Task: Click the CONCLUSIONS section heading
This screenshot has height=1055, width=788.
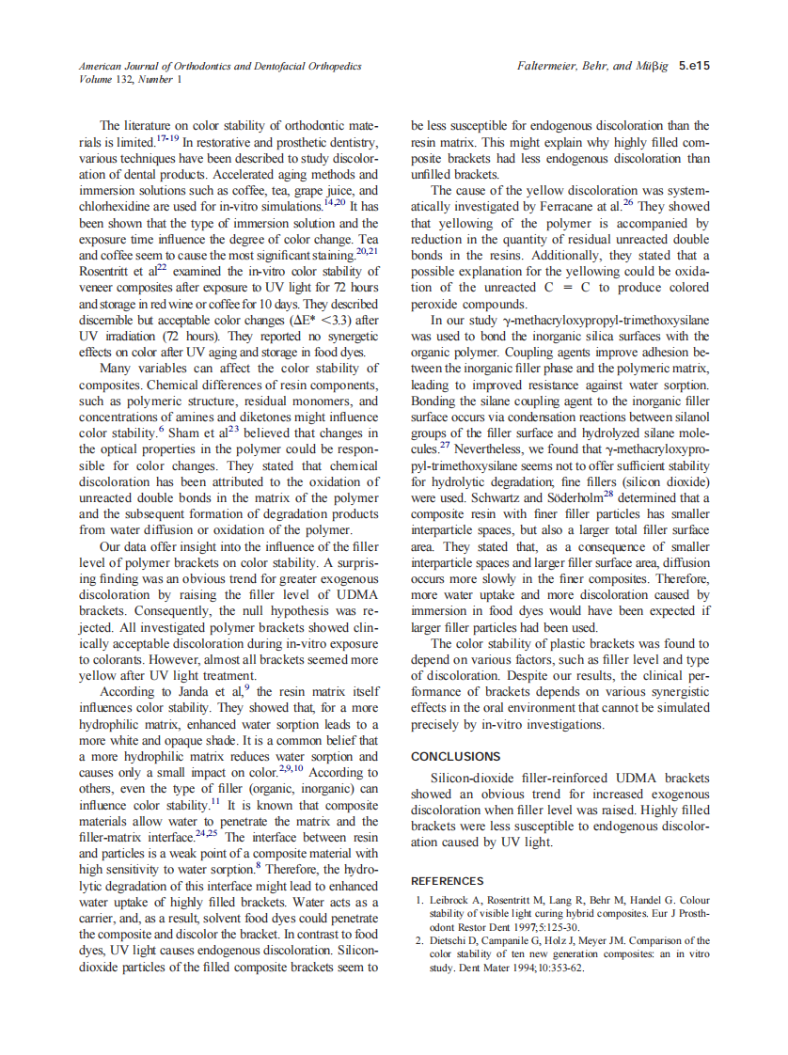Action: tap(456, 756)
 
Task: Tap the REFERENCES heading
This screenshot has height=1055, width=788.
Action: tap(448, 881)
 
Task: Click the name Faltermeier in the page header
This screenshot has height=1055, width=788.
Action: tap(549, 67)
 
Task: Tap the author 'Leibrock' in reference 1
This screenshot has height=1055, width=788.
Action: tap(451, 900)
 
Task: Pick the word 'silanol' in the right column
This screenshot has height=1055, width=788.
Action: tap(690, 418)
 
